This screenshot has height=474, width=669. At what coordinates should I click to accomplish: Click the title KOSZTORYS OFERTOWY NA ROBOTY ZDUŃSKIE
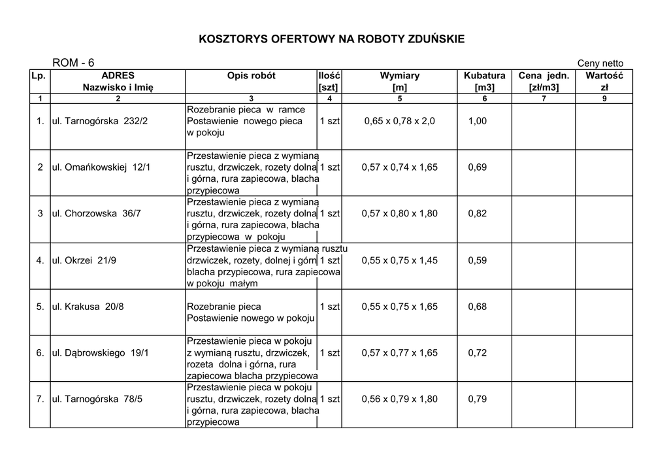point(332,39)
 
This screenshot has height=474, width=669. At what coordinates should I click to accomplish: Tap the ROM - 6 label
point(73,63)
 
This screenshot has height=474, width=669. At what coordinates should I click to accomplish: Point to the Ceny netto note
point(600,63)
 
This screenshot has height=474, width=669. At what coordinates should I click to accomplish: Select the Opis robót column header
point(252,76)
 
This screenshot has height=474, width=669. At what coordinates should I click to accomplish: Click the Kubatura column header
point(484,76)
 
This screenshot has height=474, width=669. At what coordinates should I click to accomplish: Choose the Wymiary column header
point(400,76)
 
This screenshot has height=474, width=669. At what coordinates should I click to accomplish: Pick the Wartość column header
point(604,76)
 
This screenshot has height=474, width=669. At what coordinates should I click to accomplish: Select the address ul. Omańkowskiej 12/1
point(101,167)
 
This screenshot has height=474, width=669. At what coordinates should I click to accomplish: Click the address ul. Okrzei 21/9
point(84,260)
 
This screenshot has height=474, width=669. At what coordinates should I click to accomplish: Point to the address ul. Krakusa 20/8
point(88,307)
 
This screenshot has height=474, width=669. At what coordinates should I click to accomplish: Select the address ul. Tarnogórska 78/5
point(97,399)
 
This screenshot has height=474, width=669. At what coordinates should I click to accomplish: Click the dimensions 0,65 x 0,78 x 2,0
point(399,121)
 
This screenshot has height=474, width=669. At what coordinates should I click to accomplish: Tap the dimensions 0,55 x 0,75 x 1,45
point(399,260)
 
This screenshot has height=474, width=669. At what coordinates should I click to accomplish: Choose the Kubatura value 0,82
point(478,214)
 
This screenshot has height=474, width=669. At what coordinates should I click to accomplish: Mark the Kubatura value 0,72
point(478,353)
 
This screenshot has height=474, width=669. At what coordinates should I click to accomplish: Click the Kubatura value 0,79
point(478,399)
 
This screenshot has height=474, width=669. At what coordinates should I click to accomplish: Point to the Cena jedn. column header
point(544,76)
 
